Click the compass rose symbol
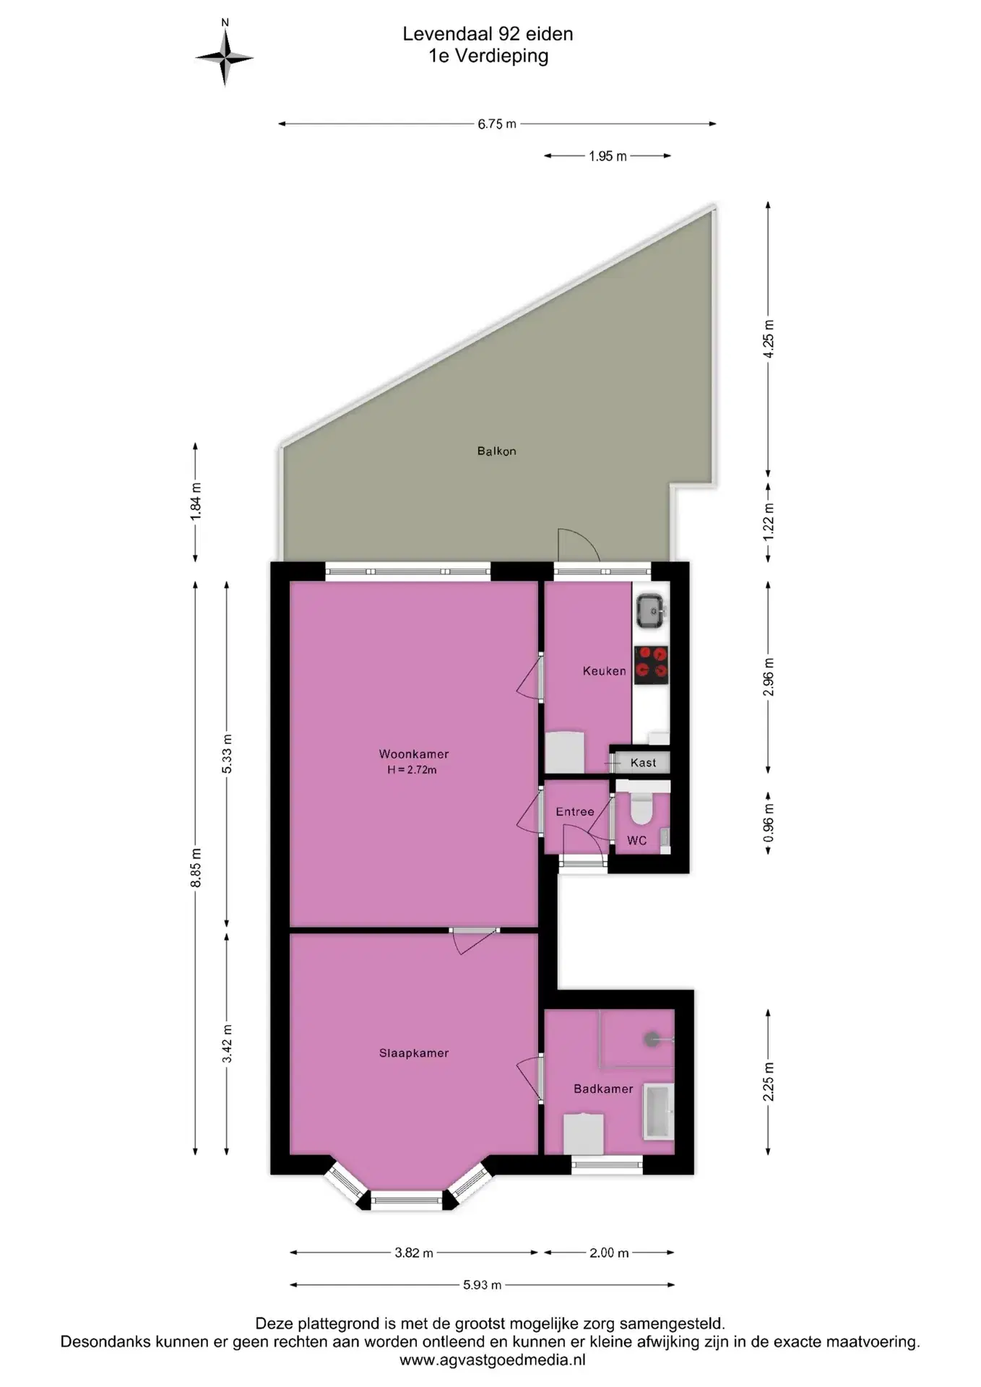tap(225, 57)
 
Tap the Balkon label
tap(496, 451)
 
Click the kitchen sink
tap(651, 610)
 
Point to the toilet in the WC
tap(641, 808)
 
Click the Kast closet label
tap(643, 762)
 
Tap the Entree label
tap(575, 811)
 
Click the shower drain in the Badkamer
tap(652, 1039)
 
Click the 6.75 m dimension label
tap(497, 124)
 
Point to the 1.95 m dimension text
tap(608, 155)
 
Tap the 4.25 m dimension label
tap(769, 339)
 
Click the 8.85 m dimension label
tap(196, 868)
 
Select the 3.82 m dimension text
tap(414, 1253)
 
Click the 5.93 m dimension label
tap(482, 1285)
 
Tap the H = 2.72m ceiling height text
tap(412, 769)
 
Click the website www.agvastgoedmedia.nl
tap(493, 1360)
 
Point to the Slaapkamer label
tap(414, 1053)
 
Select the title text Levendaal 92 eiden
tap(488, 34)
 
